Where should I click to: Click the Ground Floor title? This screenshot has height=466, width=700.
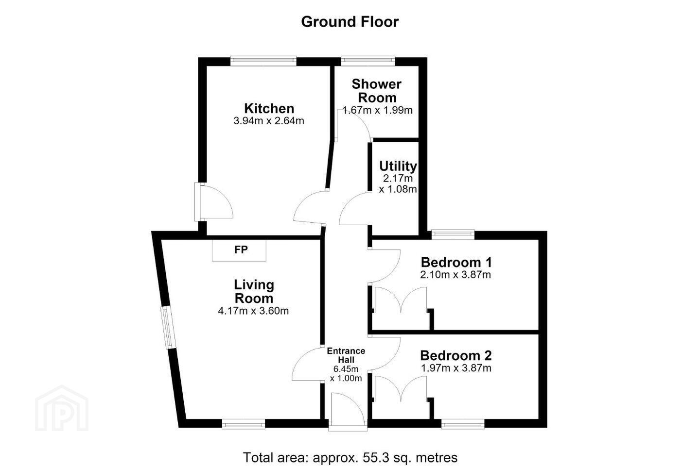tap(350, 22)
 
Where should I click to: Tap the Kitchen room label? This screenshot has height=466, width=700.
tap(269, 108)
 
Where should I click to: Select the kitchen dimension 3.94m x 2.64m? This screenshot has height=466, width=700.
tap(269, 121)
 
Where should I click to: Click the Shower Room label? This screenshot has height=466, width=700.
tap(377, 91)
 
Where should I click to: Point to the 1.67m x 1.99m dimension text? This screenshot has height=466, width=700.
tap(378, 110)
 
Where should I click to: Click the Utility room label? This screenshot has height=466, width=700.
tap(398, 166)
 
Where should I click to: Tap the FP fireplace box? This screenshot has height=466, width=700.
tap(239, 250)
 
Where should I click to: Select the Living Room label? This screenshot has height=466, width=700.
tap(254, 292)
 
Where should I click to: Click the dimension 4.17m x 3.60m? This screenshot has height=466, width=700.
tap(253, 311)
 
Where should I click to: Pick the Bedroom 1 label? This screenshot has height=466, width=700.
tap(456, 262)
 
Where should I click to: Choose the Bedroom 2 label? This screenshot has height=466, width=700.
tap(456, 355)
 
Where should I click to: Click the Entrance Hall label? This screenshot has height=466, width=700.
tap(346, 355)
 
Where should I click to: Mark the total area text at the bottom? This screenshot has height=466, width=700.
tap(350, 458)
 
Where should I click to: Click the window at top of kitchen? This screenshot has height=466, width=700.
tap(263, 61)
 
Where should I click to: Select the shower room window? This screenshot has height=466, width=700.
tap(368, 61)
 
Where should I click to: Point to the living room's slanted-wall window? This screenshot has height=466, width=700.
tap(168, 328)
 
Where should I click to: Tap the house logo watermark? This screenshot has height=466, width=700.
tap(62, 408)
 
